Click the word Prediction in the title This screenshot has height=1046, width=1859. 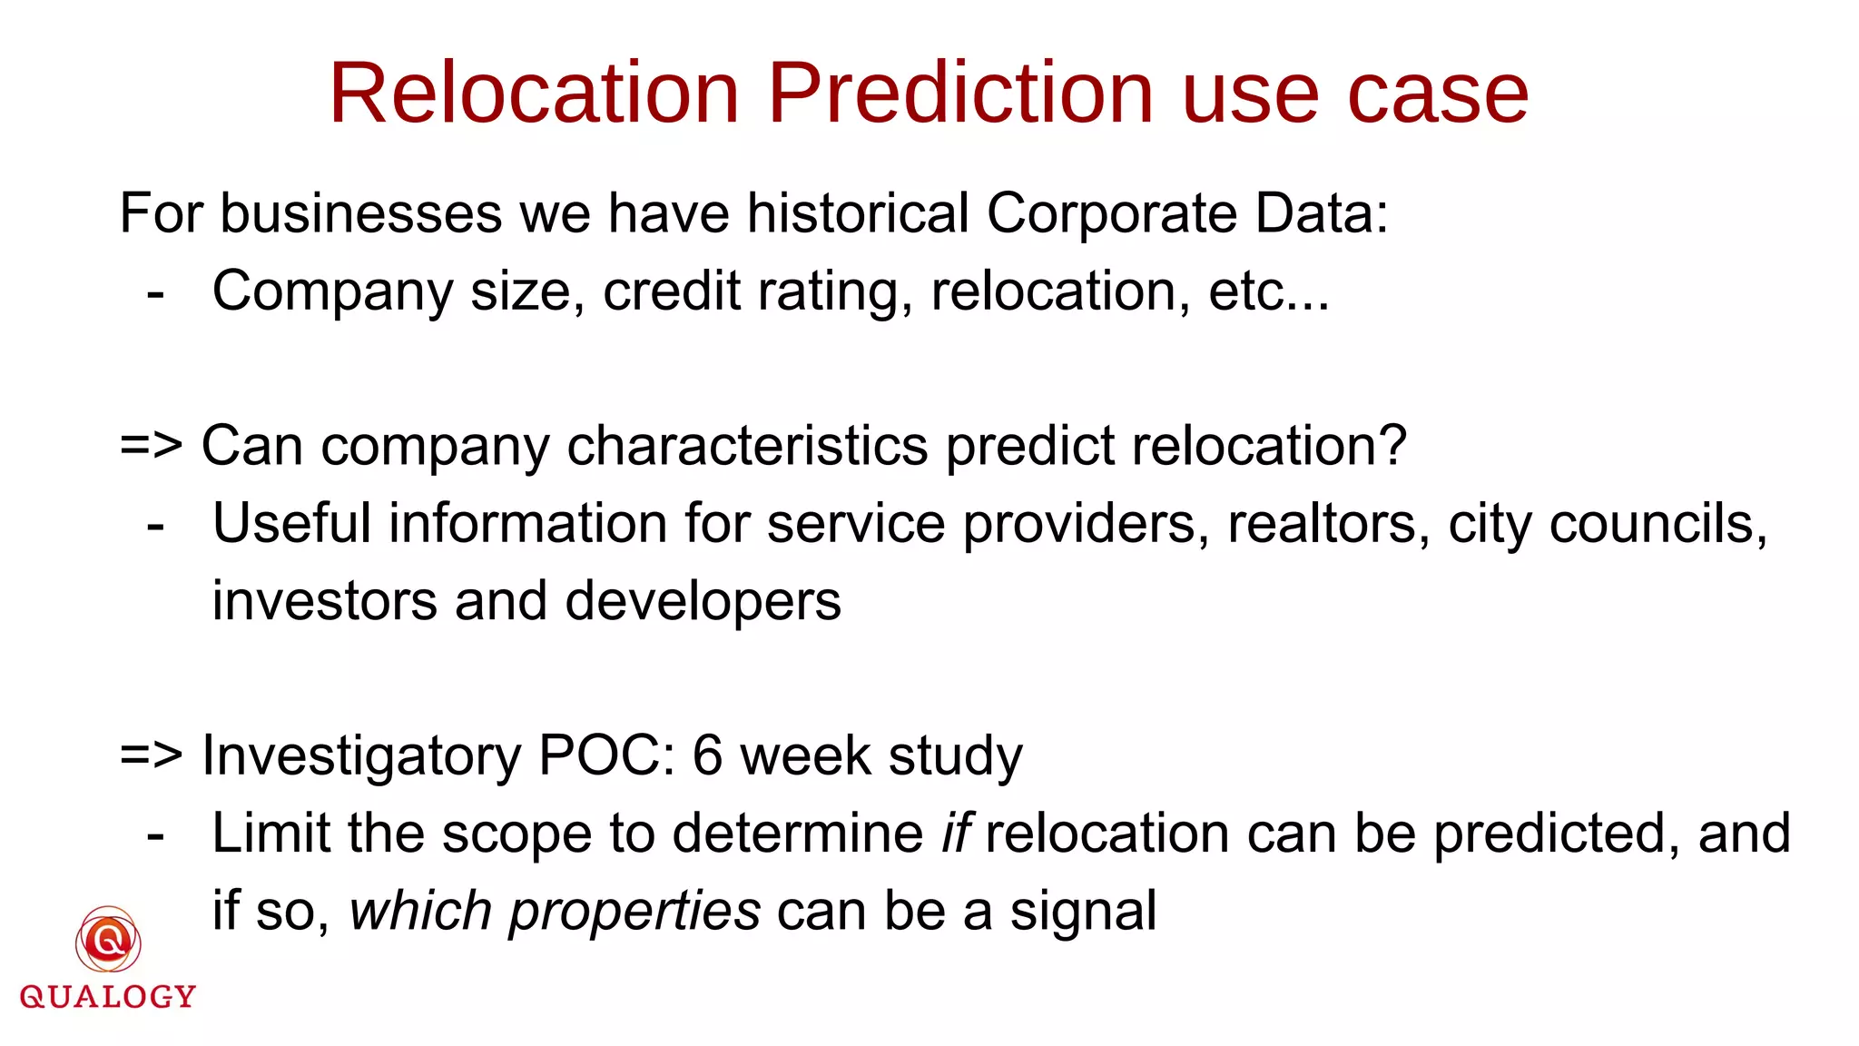(961, 94)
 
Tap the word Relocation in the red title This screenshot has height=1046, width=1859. (535, 94)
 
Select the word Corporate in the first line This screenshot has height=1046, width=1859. (1112, 214)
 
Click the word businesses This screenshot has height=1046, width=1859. (361, 214)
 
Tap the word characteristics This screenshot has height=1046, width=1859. (747, 447)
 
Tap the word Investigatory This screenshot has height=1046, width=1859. (361, 756)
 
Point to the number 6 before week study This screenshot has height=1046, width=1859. (708, 756)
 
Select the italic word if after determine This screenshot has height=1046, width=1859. (956, 834)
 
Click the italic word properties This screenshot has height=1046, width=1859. (634, 912)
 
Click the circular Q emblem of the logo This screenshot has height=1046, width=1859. (108, 941)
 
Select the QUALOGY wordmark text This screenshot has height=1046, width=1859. (108, 997)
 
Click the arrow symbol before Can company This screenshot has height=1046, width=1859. (151, 447)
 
